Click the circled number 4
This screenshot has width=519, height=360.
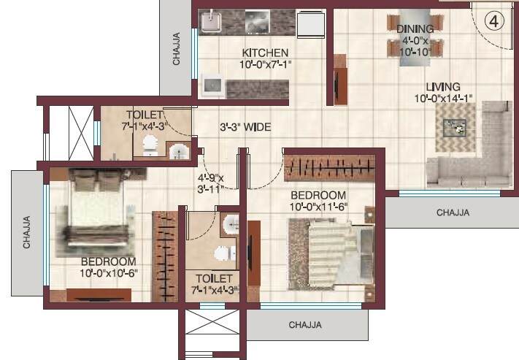click(493, 20)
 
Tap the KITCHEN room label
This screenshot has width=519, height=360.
click(265, 53)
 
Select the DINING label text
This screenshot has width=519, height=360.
click(415, 29)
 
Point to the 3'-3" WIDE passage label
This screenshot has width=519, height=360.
click(246, 127)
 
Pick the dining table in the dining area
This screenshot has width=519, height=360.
click(415, 44)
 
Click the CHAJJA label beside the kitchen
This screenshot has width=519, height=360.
click(177, 49)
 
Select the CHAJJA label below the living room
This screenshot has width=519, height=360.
click(453, 213)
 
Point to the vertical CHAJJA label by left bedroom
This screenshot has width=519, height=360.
click(28, 232)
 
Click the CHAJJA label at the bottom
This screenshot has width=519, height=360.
click(305, 324)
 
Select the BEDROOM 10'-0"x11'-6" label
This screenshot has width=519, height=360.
click(318, 201)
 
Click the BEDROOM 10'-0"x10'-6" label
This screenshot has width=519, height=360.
click(108, 267)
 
